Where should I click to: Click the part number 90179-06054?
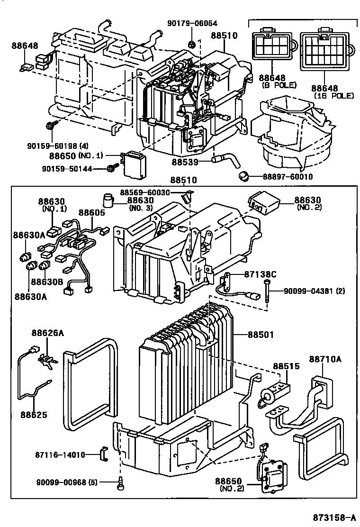(x=191, y=23)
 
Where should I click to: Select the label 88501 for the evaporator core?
(x=260, y=335)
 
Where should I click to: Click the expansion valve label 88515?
(x=284, y=367)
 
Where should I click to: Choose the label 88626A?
(x=47, y=334)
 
